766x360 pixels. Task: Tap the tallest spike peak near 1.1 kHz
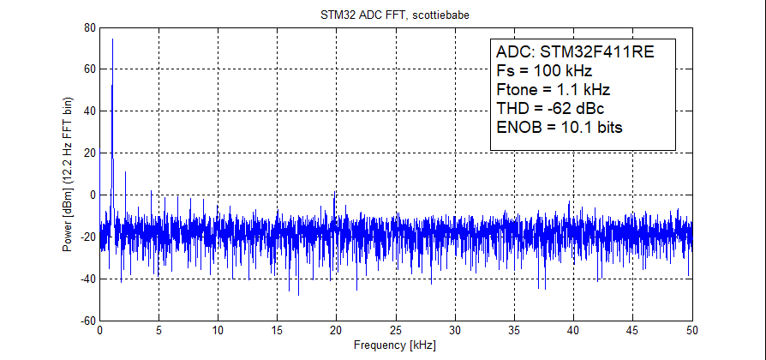(x=112, y=39)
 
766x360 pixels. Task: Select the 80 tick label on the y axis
(x=89, y=27)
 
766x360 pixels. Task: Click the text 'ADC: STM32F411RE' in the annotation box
(x=575, y=51)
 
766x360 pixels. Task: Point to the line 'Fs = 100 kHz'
(x=544, y=70)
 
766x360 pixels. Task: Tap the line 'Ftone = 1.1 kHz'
(x=553, y=89)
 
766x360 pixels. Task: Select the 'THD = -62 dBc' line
(x=552, y=108)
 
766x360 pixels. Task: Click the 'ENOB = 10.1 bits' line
(x=559, y=127)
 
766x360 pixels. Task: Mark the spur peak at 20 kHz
(x=335, y=193)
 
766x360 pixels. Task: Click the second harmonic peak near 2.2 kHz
(x=126, y=172)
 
